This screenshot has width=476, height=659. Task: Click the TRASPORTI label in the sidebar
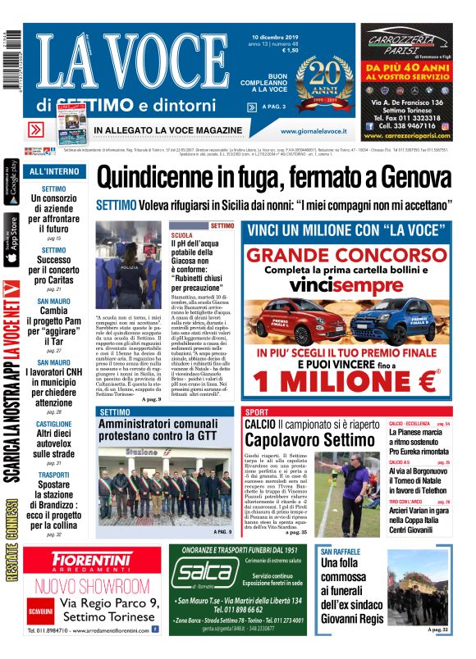coord(53,475)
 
